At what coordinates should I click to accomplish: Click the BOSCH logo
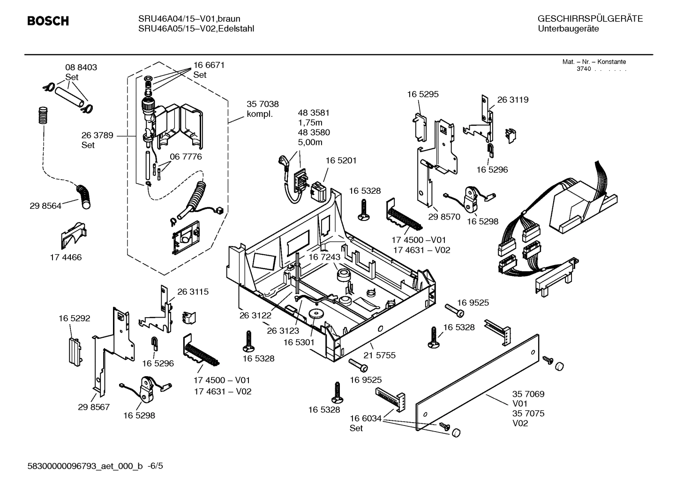[47, 22]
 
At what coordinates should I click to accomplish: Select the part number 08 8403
[81, 68]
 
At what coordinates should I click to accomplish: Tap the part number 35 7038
[263, 105]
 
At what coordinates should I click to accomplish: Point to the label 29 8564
[45, 206]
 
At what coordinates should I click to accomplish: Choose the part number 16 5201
[341, 161]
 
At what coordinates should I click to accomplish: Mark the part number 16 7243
[324, 258]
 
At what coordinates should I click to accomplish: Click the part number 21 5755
[380, 356]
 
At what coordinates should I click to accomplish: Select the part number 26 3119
[512, 100]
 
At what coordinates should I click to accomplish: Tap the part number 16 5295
[422, 94]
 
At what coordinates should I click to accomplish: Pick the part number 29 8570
[444, 217]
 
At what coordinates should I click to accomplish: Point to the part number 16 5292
[74, 319]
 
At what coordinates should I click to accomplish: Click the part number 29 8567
[94, 407]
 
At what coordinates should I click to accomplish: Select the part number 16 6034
[365, 418]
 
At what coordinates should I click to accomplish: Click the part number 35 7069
[528, 395]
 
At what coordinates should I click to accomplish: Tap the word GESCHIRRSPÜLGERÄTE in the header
[590, 19]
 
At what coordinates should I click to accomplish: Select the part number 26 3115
[193, 292]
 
